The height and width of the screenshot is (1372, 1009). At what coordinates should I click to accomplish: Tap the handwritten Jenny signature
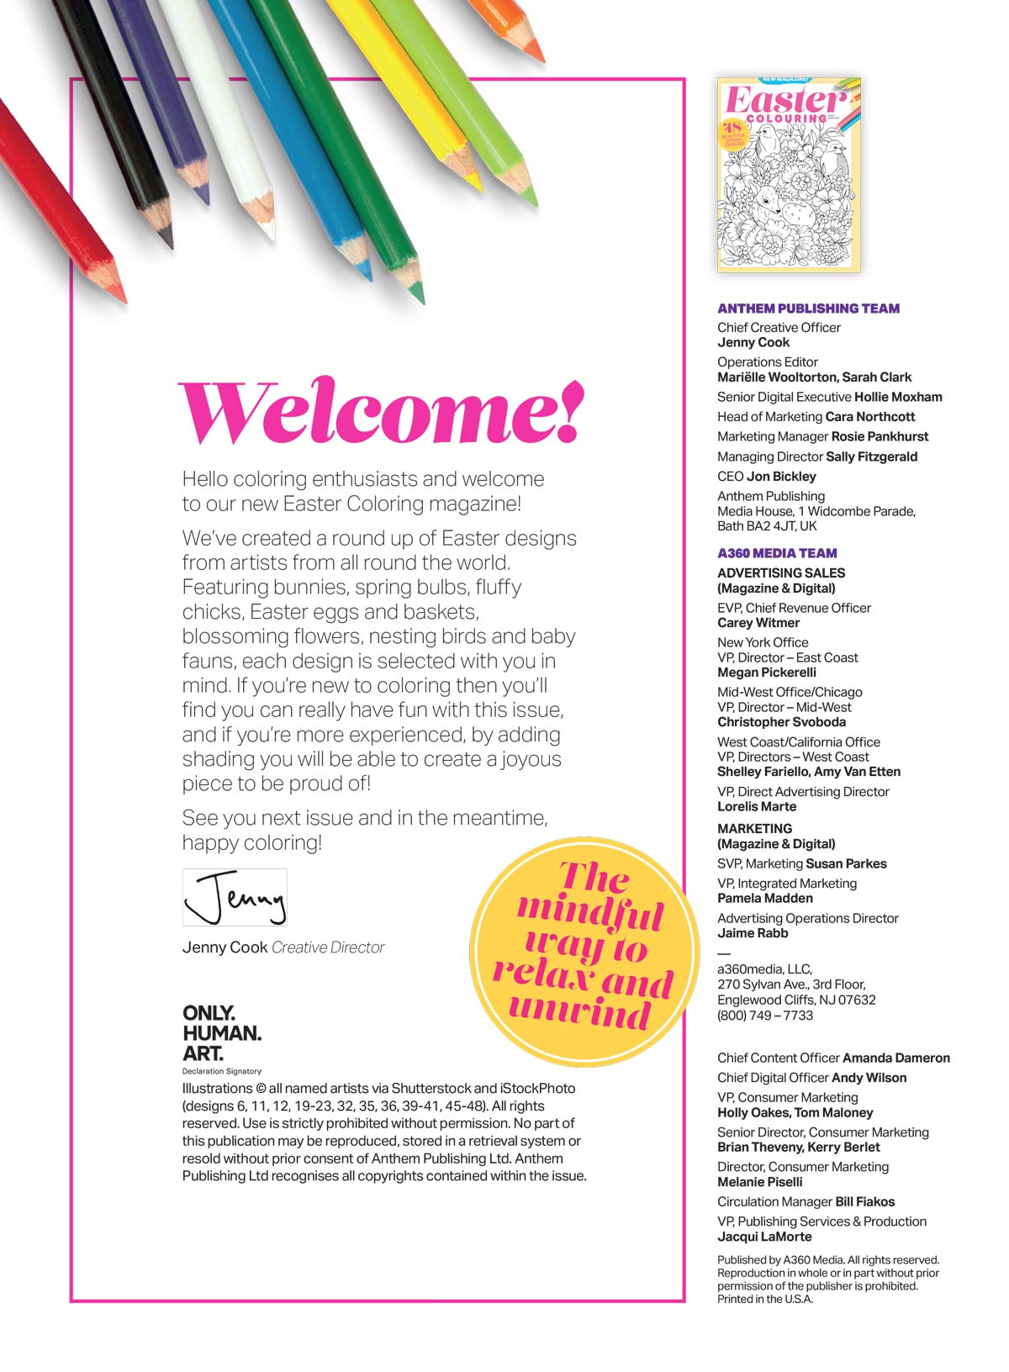point(235,897)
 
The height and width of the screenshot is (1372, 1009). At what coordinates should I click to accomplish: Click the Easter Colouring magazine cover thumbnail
point(789,175)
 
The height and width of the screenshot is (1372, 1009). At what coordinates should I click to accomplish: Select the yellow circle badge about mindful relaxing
point(584,951)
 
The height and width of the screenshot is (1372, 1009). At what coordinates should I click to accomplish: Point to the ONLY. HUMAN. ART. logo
point(222,1033)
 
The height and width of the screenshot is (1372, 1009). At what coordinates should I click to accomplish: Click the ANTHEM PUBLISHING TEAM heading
point(808,309)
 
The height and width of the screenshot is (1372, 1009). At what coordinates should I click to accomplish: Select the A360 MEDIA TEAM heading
point(777,553)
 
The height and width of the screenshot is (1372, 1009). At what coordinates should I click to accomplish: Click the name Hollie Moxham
point(898,397)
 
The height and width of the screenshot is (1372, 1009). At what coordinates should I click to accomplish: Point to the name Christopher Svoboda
point(781,722)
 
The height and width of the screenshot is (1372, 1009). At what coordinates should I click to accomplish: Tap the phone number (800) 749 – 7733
point(765,1015)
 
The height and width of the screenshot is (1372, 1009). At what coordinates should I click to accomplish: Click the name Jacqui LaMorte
point(764,1237)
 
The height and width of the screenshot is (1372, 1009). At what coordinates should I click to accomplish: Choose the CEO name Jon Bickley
point(781,477)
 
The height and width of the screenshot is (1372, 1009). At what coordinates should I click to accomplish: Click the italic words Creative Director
point(328,947)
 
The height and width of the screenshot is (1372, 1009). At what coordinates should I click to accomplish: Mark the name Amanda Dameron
point(895,1058)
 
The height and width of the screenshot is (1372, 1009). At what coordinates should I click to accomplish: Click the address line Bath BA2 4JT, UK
point(767,526)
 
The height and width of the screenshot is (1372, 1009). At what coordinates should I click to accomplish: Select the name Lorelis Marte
point(757,806)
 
